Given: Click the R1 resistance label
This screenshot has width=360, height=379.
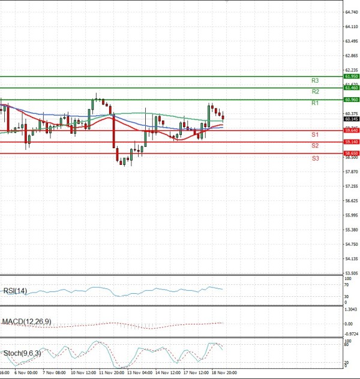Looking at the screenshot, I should (x=314, y=104).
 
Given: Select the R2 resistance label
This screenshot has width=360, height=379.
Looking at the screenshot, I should (x=314, y=92).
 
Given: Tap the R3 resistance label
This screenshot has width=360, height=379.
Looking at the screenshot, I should (x=314, y=80).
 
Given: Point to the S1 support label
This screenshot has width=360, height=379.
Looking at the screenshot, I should (x=314, y=134).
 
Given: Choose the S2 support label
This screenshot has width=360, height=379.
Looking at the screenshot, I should (x=314, y=146).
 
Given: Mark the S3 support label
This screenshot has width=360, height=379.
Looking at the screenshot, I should (x=314, y=158).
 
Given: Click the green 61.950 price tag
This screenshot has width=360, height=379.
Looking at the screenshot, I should (x=351, y=77).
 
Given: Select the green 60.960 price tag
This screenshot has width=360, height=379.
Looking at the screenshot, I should (x=351, y=100).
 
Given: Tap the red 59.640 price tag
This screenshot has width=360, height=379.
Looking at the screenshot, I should (x=351, y=130).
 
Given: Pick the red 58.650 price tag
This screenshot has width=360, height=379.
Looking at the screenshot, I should (x=351, y=154).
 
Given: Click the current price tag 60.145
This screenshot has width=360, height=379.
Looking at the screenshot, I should (x=351, y=119).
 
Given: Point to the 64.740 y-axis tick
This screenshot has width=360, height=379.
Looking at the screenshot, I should (x=352, y=12).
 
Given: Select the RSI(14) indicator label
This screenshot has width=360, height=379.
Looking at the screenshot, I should (x=16, y=291).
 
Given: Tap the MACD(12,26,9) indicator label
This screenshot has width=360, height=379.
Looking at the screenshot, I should (x=26, y=322).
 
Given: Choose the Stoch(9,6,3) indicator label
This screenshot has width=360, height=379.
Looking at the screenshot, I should (x=23, y=353).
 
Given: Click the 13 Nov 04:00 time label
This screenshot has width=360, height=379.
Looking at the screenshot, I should (x=140, y=372).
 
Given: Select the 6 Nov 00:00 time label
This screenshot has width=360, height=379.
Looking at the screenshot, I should (x=26, y=372).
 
